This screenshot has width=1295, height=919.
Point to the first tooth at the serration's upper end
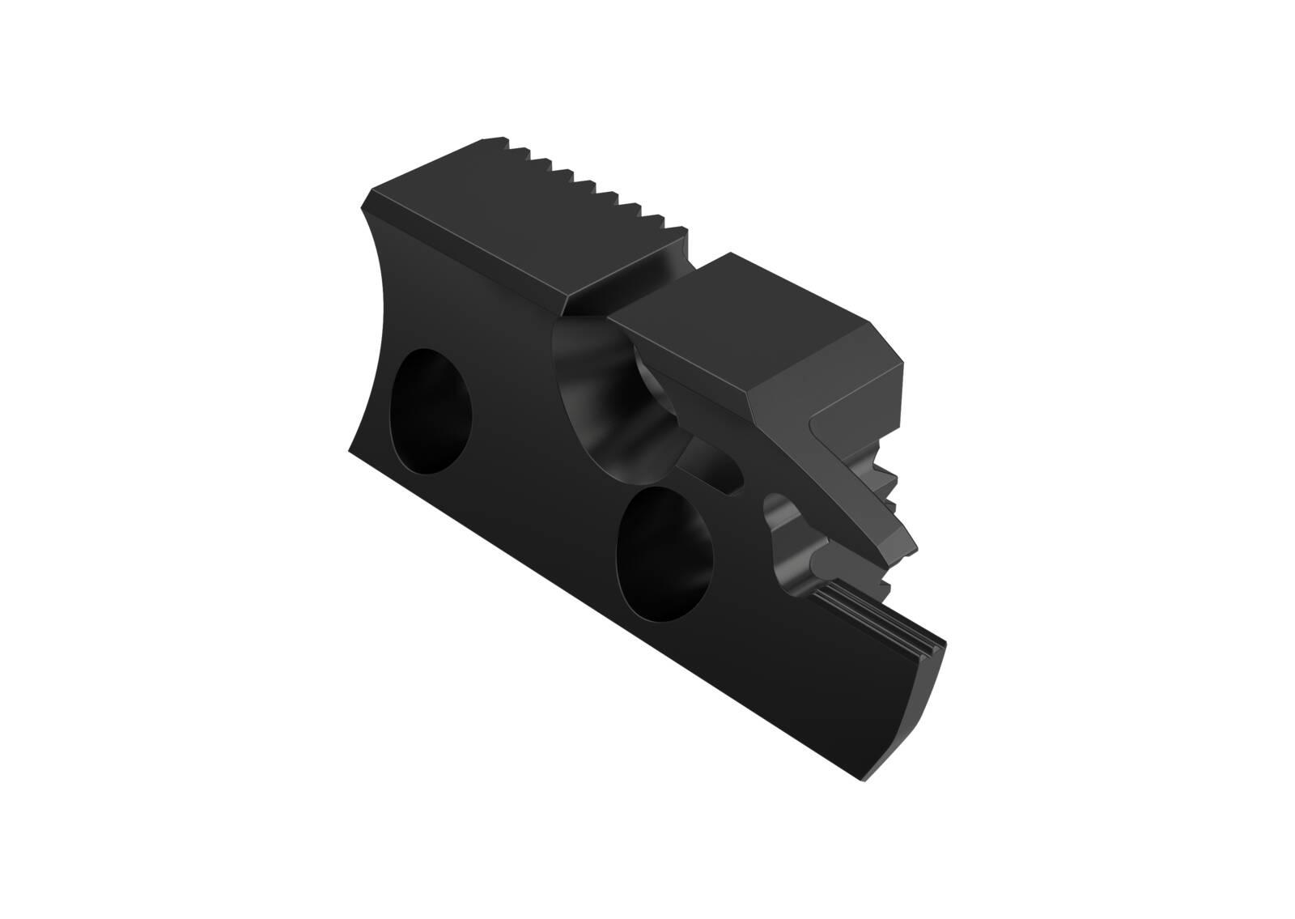[510, 142]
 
